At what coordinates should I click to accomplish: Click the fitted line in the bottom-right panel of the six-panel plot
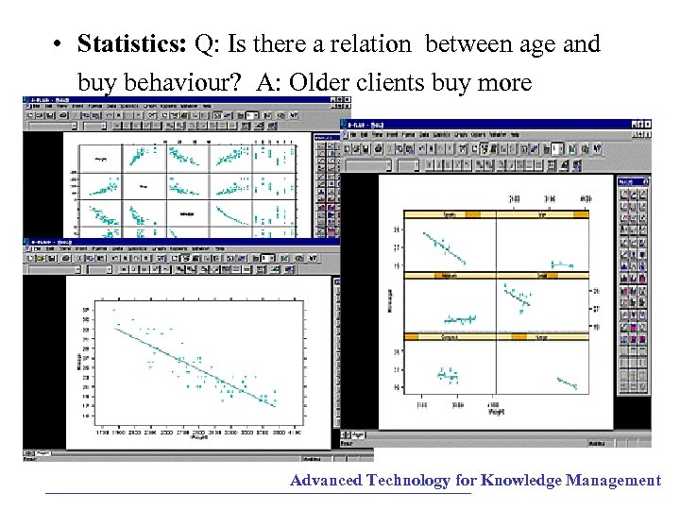[567, 382]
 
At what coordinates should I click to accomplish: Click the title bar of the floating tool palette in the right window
[632, 179]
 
